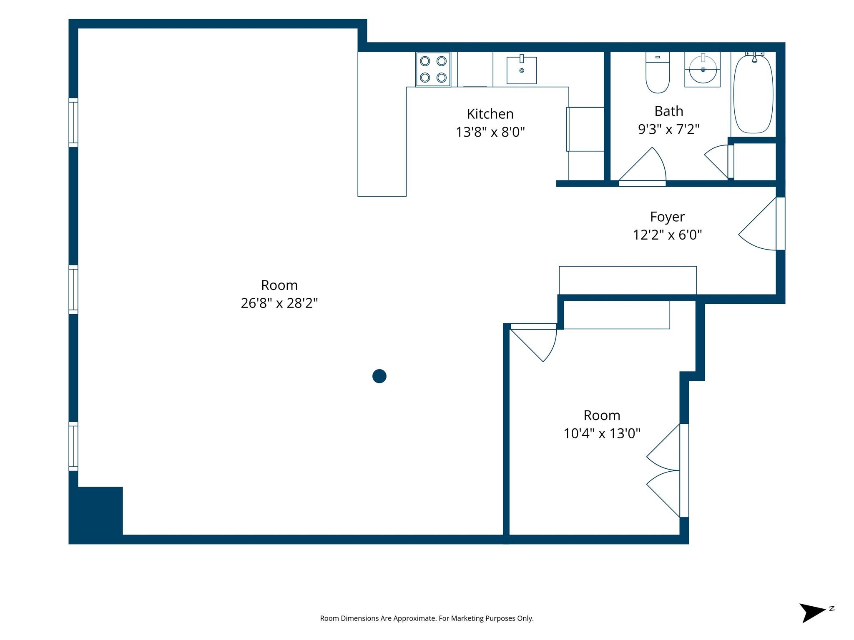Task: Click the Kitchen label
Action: (490, 114)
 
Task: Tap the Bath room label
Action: (669, 111)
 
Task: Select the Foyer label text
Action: (667, 217)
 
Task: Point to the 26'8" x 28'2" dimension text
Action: (279, 303)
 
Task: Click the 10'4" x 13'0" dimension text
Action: (602, 433)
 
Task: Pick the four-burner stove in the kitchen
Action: (433, 69)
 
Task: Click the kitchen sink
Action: (522, 70)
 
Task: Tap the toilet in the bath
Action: (658, 72)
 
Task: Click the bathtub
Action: (753, 93)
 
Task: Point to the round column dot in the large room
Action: (379, 376)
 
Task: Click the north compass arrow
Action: (812, 613)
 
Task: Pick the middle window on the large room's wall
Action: (73, 290)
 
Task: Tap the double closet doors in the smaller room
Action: (667, 470)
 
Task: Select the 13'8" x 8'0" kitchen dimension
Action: (490, 132)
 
